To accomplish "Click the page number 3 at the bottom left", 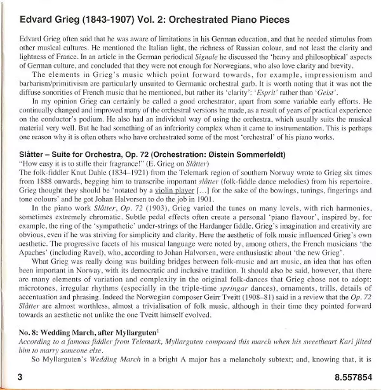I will pos(20,377).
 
